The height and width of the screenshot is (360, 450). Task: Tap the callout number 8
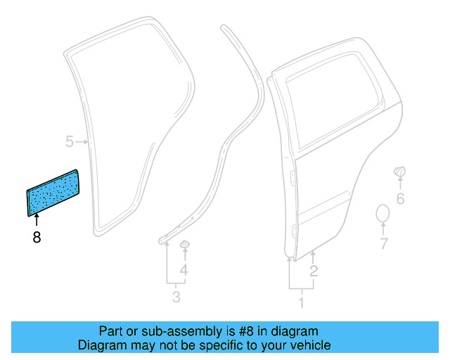coord(37,238)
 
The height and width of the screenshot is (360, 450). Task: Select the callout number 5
coord(70,142)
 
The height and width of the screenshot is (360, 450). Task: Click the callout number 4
coord(184,271)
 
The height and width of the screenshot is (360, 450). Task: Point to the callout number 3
coord(176,297)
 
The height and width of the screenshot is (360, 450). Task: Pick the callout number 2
coord(314,271)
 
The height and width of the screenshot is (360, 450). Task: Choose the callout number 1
coord(302,304)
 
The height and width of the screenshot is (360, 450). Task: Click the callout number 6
coord(400,199)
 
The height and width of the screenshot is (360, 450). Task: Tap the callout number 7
coord(384,245)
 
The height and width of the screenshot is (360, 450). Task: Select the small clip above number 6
coord(399,171)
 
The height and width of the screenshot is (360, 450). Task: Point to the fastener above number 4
coord(184,244)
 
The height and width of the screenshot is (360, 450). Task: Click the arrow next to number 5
coord(83,142)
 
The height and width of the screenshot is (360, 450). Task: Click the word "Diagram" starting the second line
coord(100,345)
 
